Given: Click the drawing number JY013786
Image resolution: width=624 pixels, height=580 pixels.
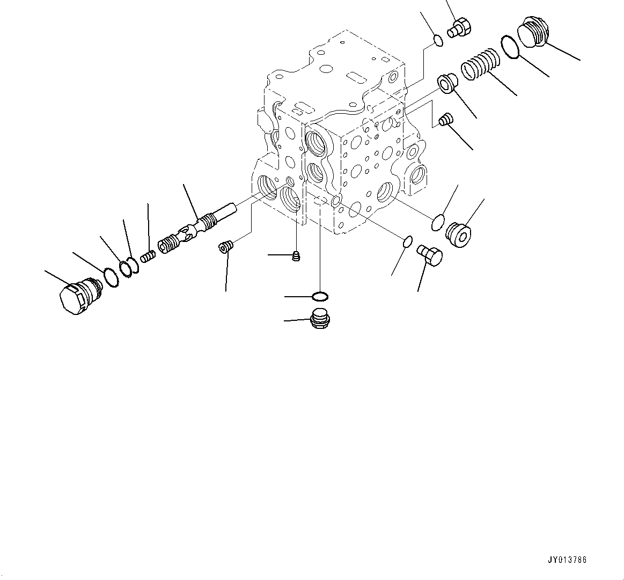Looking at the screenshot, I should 567,560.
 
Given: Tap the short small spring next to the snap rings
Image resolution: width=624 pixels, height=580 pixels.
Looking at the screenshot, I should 148,257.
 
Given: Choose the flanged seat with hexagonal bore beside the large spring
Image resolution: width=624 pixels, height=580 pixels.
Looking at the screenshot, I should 446,83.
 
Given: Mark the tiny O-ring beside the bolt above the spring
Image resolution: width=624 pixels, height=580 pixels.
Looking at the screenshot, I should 438,41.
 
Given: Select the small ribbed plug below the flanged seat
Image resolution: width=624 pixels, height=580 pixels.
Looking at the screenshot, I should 445,120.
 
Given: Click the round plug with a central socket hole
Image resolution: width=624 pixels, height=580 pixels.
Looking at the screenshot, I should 459,235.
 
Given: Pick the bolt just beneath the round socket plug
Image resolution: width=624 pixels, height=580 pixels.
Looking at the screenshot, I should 429,254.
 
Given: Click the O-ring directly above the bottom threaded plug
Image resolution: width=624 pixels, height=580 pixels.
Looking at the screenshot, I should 320,296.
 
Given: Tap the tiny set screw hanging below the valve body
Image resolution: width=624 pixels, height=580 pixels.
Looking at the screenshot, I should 295,256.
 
